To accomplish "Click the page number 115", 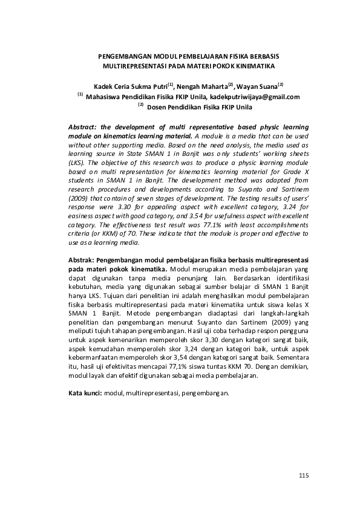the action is (x=304, y=476).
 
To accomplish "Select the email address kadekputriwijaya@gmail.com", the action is (x=255, y=96).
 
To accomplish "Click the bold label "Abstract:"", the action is (x=83, y=128).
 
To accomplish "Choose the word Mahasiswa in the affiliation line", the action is (x=106, y=96).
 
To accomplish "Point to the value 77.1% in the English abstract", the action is (x=204, y=223).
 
